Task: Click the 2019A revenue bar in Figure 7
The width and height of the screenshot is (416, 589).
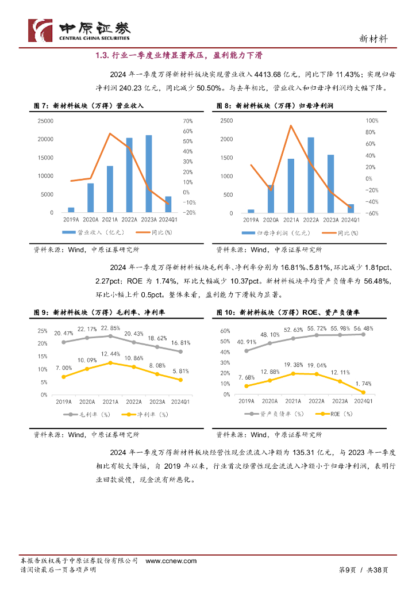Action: click(71, 210)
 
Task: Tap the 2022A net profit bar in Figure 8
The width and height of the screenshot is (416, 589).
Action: click(311, 175)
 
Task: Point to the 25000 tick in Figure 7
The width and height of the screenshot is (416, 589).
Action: click(45, 121)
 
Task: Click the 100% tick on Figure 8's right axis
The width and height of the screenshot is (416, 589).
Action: click(372, 121)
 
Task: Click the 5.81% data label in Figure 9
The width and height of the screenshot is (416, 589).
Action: click(180, 371)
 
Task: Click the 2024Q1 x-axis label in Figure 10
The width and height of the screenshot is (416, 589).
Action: click(363, 401)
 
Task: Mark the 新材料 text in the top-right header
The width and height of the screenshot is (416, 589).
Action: click(373, 39)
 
